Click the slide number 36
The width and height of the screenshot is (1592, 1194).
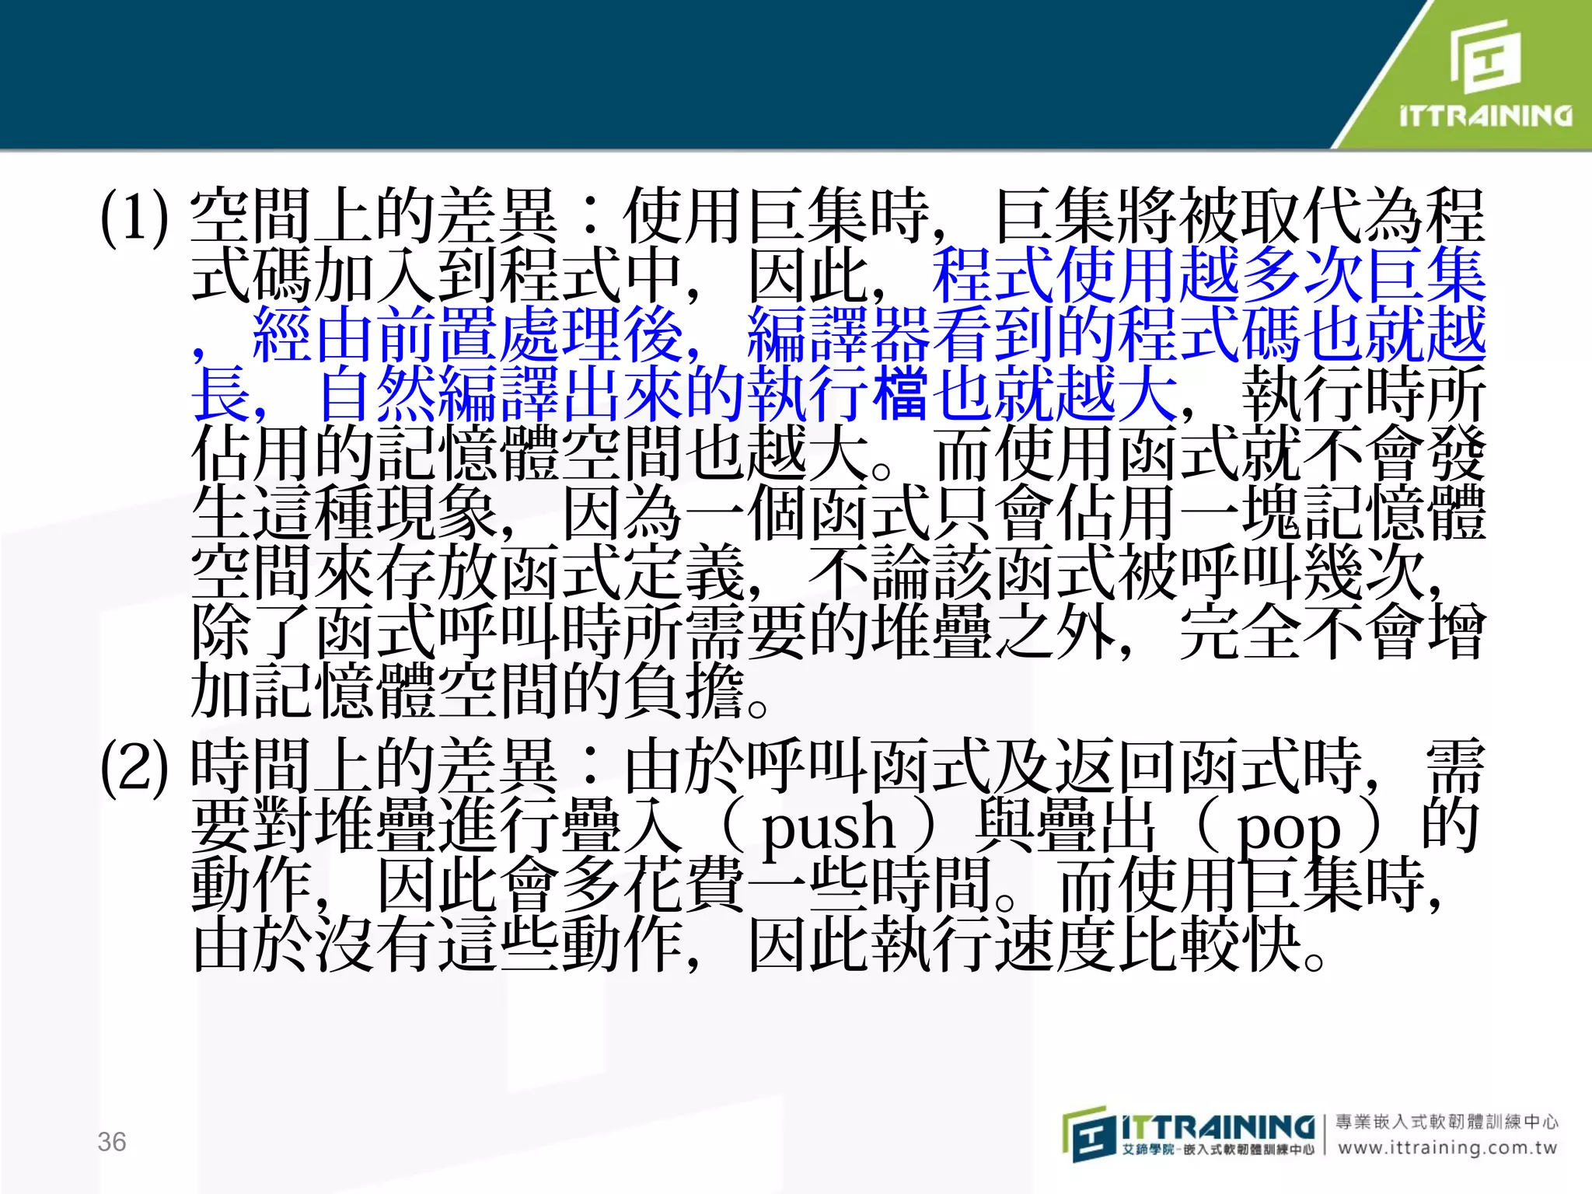pos(112,1141)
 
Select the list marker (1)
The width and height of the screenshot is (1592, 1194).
pos(134,217)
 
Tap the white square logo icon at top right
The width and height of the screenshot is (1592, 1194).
pos(1486,56)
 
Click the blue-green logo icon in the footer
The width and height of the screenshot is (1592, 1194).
pos(1089,1134)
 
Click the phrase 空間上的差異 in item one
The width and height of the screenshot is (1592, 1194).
pos(374,217)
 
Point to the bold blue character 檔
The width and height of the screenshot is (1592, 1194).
pos(900,394)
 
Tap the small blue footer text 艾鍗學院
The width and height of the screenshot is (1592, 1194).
pos(1147,1149)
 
